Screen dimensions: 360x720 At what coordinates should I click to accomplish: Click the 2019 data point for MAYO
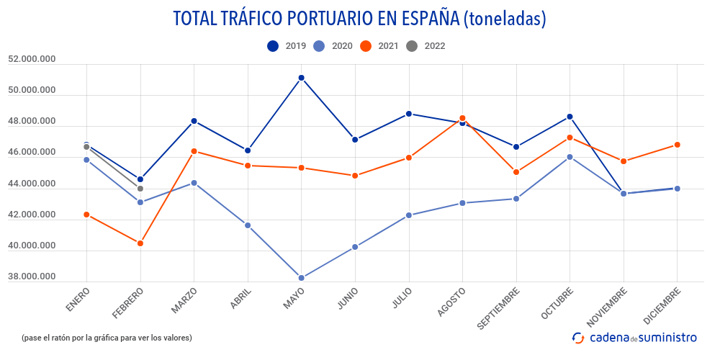[x=302, y=78]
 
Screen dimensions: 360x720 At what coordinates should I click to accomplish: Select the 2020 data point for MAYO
[x=302, y=278]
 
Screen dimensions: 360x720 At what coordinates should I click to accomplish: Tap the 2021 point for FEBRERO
[x=140, y=243]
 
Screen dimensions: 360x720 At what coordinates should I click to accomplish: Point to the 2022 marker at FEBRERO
[x=140, y=189]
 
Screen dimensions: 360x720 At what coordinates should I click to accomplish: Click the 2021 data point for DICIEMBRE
[x=677, y=145]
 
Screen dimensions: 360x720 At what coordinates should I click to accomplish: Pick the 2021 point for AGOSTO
[x=462, y=118]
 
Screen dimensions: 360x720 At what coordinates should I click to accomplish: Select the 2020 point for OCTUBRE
[x=570, y=157]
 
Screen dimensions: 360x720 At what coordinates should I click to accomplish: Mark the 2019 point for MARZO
[x=194, y=121]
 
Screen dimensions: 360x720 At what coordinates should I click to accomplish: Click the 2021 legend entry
[x=379, y=46]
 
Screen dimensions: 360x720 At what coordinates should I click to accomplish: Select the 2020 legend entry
[x=333, y=46]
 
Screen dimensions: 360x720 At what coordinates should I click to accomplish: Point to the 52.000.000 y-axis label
[x=32, y=60]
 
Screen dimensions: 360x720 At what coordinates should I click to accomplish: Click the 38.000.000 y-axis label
[x=32, y=277]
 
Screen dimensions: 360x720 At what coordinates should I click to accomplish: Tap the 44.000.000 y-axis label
[x=32, y=184]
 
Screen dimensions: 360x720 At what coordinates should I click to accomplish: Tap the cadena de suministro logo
[x=634, y=337]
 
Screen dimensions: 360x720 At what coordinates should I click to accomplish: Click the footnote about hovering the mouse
[x=107, y=337]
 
